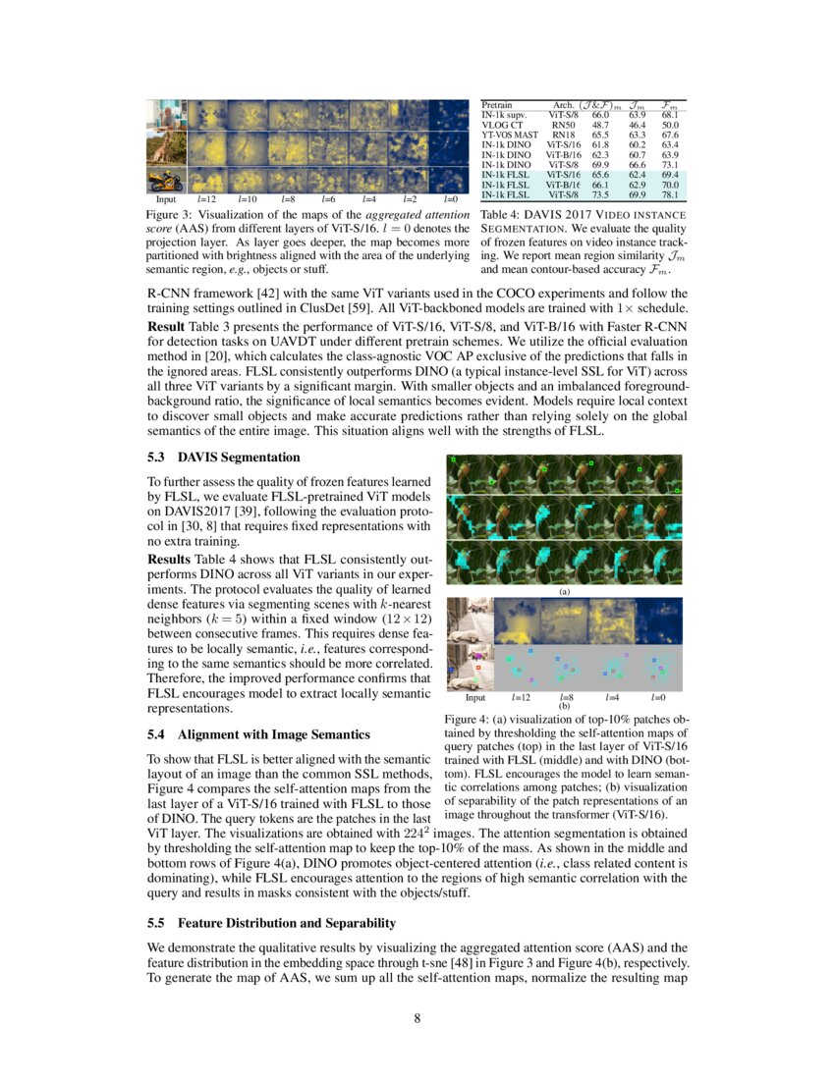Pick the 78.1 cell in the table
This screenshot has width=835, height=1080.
[671, 194]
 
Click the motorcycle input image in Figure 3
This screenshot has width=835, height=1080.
[165, 181]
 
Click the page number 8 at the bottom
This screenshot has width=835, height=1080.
[417, 1018]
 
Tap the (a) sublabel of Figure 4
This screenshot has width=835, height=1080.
[564, 592]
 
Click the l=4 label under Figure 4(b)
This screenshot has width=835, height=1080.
[611, 697]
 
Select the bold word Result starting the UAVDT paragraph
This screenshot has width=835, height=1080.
[170, 325]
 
